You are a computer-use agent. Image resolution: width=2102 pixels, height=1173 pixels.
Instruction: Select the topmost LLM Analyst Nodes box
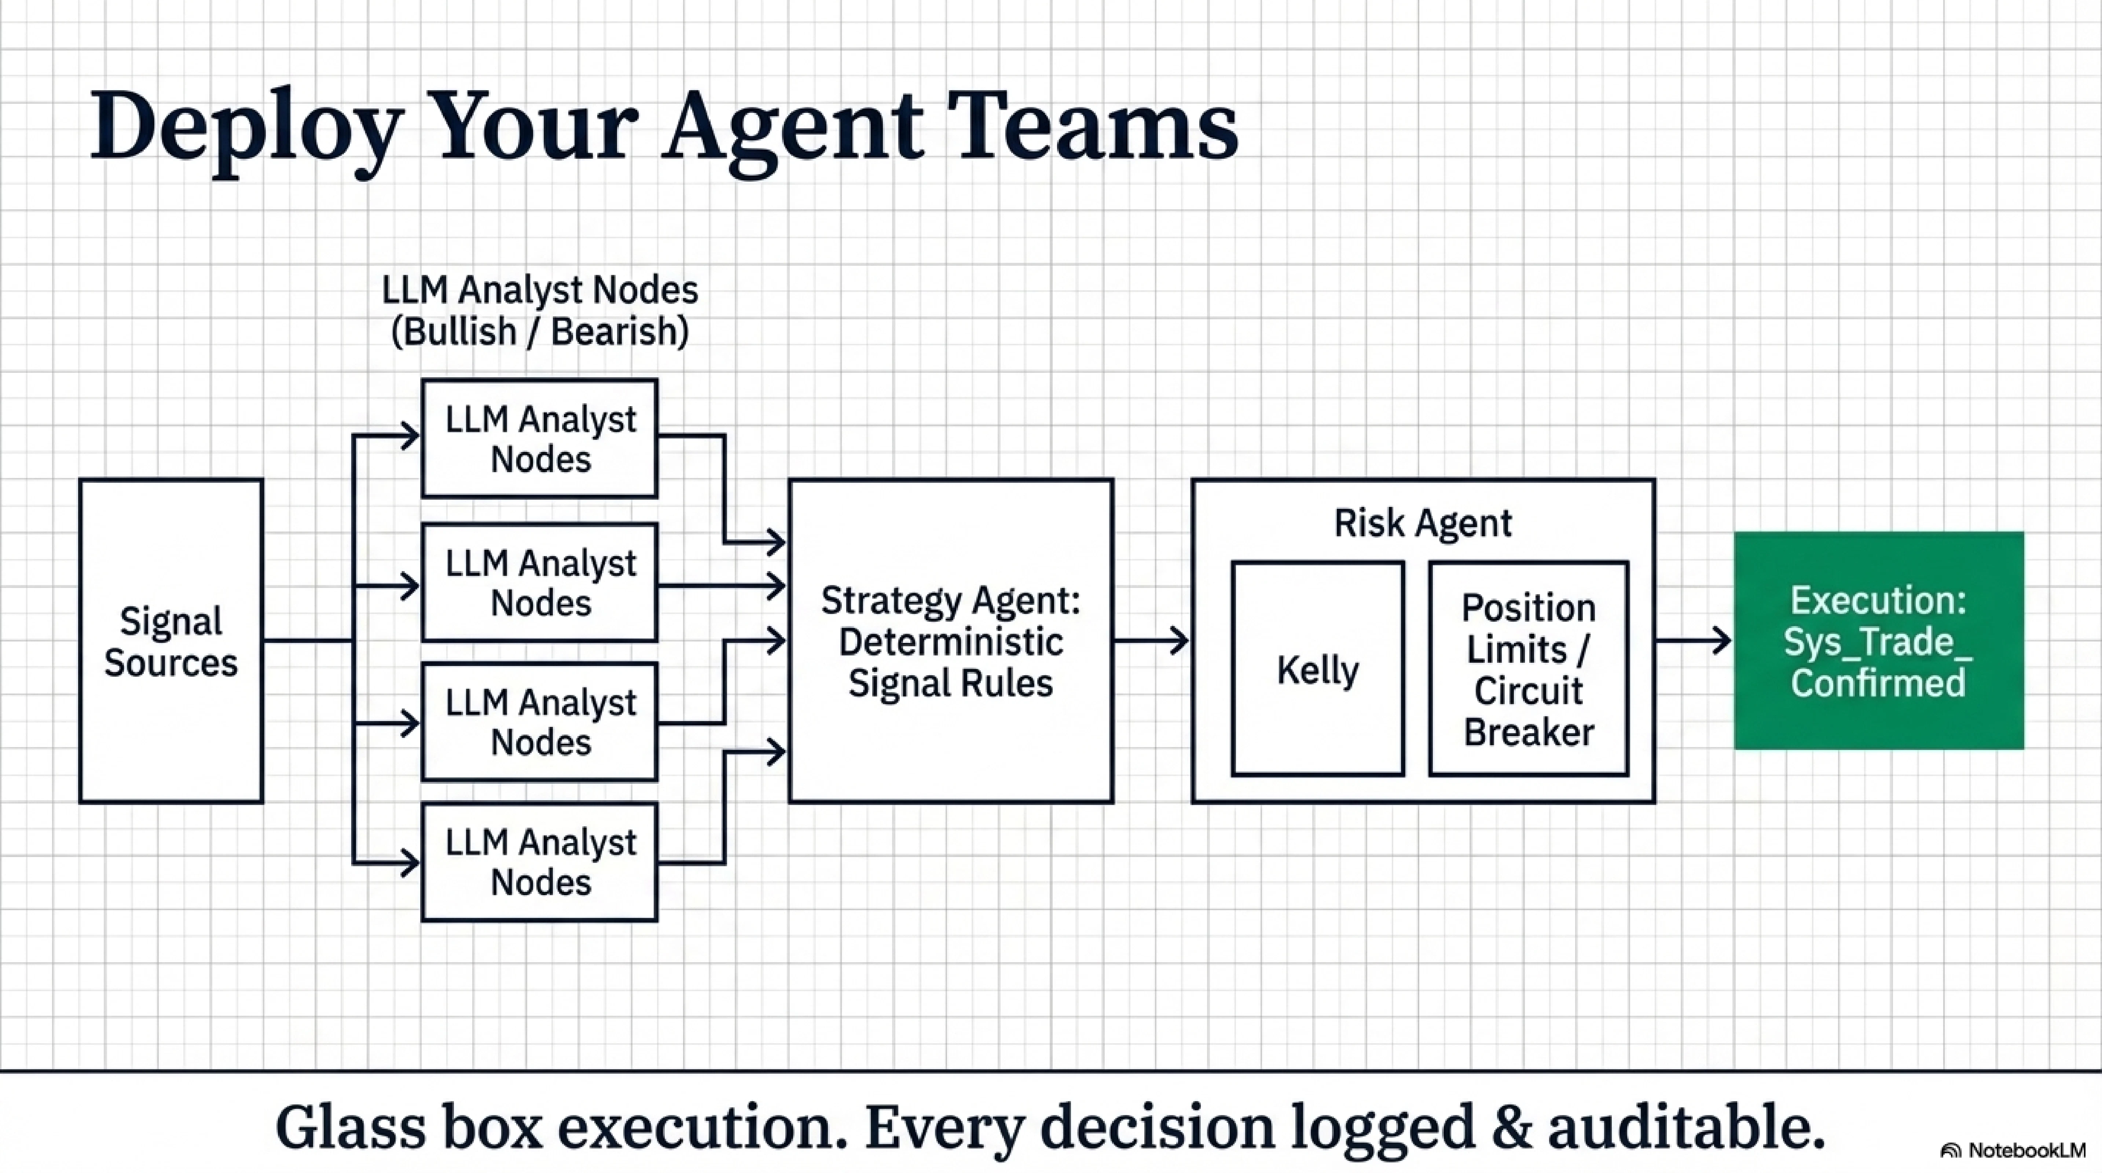pos(539,439)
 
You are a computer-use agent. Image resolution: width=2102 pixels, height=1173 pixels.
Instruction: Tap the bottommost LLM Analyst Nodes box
pos(539,862)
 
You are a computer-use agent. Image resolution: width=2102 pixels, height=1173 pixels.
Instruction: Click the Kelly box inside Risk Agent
pos(1318,669)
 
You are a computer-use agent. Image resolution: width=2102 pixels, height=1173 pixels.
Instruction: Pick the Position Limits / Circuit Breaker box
pos(1528,669)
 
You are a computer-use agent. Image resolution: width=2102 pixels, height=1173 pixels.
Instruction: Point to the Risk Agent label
pos(1422,523)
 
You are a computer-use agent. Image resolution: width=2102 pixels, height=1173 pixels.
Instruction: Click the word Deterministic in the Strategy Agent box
pos(951,642)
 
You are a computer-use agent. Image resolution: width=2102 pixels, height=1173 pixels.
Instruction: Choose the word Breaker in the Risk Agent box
pos(1528,732)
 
